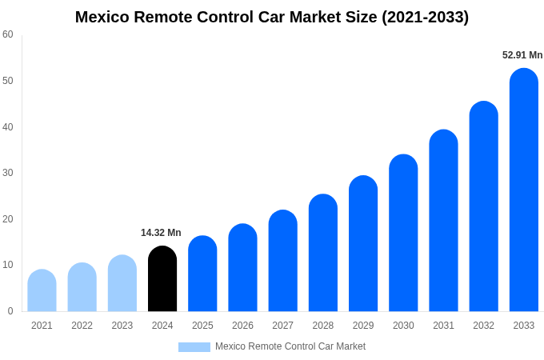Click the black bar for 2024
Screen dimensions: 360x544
pyautogui.click(x=162, y=279)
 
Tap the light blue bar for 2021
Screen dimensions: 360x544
pyautogui.click(x=42, y=291)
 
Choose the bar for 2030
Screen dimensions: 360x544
pyautogui.click(x=403, y=233)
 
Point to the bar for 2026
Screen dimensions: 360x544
pyautogui.click(x=242, y=268)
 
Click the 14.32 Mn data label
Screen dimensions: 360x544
pyautogui.click(x=161, y=233)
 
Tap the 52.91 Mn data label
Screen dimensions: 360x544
pyautogui.click(x=522, y=55)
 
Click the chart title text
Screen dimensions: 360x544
pyautogui.click(x=272, y=17)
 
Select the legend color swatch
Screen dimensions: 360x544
pyautogui.click(x=194, y=347)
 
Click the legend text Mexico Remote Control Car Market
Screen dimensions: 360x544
pyautogui.click(x=290, y=346)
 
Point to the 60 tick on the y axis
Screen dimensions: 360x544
pyautogui.click(x=8, y=34)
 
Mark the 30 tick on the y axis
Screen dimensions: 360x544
pyautogui.click(x=8, y=173)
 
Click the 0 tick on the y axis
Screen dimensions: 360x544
pyautogui.click(x=10, y=311)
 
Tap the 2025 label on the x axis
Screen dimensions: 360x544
pyautogui.click(x=202, y=326)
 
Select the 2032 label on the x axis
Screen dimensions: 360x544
pyautogui.click(x=483, y=326)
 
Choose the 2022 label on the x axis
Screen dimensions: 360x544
pyautogui.click(x=82, y=326)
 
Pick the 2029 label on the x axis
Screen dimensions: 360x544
pyautogui.click(x=363, y=326)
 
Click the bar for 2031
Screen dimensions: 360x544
pyautogui.click(x=443, y=221)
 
